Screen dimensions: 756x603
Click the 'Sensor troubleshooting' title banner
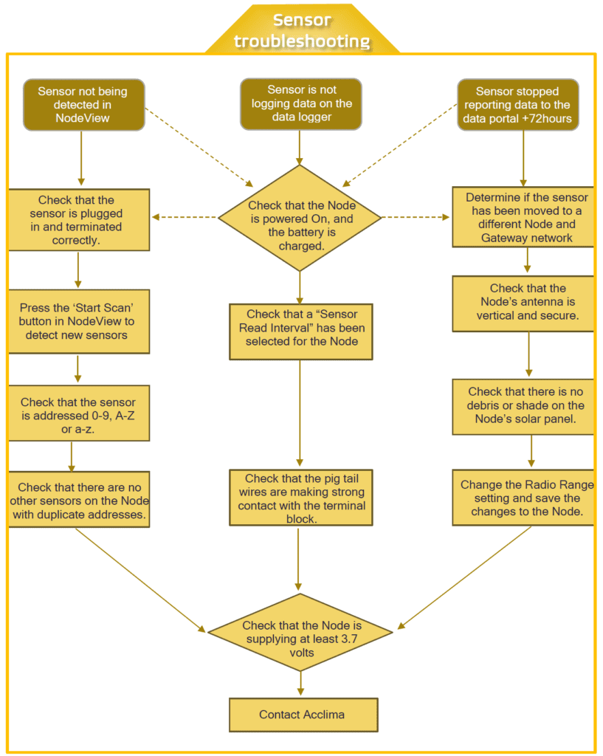click(x=301, y=31)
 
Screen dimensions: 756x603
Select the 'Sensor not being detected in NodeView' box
click(x=83, y=104)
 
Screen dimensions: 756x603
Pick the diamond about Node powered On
click(x=300, y=218)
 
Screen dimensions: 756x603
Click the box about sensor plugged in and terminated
click(x=80, y=219)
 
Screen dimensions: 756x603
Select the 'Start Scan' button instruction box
click(x=80, y=321)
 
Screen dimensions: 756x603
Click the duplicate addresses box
click(x=80, y=500)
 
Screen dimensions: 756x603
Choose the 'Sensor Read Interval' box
click(x=300, y=331)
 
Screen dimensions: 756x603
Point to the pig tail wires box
click(x=300, y=499)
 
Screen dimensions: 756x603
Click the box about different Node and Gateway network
click(x=524, y=218)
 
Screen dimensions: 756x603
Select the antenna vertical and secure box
click(x=523, y=302)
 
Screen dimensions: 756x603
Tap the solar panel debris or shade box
click(x=523, y=405)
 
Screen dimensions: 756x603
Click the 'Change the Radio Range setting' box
click(x=523, y=498)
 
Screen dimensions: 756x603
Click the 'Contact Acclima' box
click(x=303, y=715)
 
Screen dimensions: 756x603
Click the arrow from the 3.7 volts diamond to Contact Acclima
click(x=300, y=684)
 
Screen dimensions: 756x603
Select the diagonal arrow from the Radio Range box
click(x=465, y=577)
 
